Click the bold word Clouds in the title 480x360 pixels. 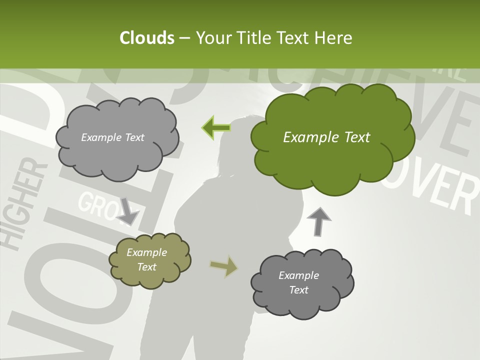click(146, 38)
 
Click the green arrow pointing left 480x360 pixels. click(216, 127)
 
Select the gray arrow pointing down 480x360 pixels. click(128, 212)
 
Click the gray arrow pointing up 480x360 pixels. click(319, 221)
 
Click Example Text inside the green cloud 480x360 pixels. click(326, 137)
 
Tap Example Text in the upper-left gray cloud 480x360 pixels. click(112, 137)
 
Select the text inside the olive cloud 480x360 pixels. click(146, 259)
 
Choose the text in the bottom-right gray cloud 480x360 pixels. click(298, 282)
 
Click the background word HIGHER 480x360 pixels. click(22, 205)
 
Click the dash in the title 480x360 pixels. click(184, 38)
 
